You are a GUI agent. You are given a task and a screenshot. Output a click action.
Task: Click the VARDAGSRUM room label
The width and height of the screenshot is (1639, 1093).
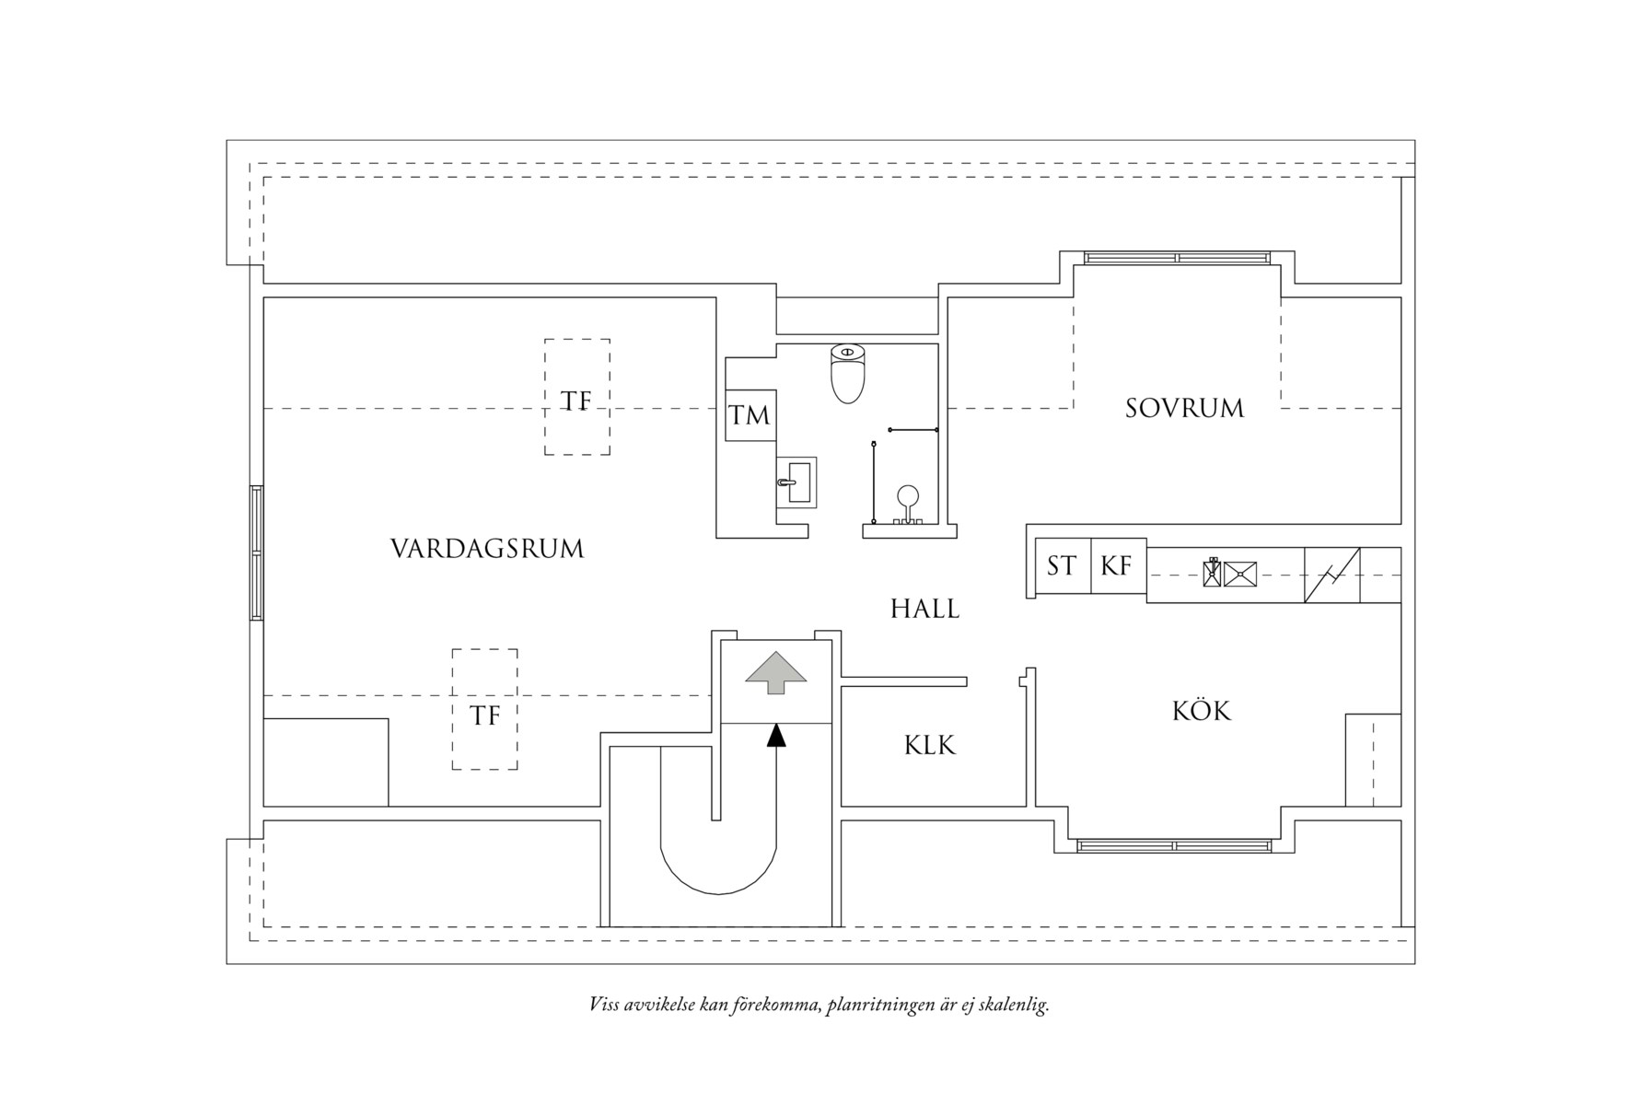[487, 549]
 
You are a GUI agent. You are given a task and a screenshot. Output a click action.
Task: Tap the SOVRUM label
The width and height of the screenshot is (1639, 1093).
[1184, 408]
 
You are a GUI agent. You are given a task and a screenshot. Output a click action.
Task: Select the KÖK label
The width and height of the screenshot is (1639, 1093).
[1201, 711]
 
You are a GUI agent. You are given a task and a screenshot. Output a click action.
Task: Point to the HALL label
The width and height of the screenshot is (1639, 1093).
[924, 609]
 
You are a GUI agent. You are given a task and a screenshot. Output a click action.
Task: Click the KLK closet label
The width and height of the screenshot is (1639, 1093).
[929, 745]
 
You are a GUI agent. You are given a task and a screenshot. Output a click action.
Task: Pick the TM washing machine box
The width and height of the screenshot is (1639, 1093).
[750, 415]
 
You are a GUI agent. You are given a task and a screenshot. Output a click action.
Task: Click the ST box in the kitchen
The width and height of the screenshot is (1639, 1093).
[1062, 565]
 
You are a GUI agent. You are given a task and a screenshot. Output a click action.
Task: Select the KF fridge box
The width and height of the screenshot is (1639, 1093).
[1117, 565]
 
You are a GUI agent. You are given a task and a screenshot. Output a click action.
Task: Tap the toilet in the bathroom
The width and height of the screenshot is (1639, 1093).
[848, 374]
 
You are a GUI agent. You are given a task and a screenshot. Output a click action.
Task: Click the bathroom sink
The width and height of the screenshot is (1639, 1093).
[796, 483]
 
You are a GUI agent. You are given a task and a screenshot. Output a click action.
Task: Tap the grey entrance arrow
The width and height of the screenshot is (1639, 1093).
[775, 672]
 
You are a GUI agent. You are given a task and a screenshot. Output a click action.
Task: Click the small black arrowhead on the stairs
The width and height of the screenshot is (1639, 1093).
[777, 735]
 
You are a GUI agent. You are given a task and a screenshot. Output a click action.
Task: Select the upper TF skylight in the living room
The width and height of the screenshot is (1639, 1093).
[576, 397]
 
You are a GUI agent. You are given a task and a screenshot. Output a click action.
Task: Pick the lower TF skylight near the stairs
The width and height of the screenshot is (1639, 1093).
[484, 709]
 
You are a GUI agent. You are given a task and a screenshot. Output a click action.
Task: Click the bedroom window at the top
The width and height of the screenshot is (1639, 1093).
[1178, 258]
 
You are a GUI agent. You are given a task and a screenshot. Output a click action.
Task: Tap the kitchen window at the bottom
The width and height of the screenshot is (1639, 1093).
[1174, 844]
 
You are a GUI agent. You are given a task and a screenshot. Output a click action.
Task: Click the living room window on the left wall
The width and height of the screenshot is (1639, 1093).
[256, 552]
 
